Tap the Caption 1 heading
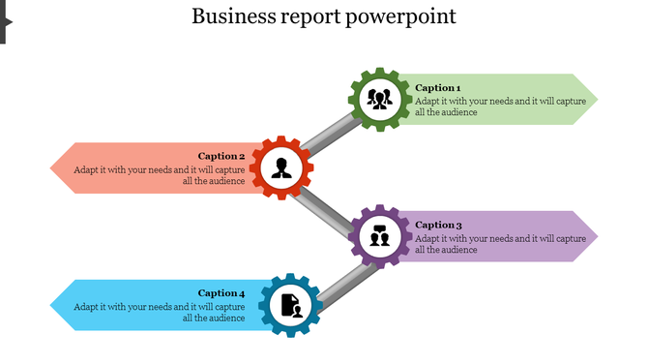pos(437,87)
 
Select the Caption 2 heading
pos(221,156)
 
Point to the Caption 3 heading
pos(437,225)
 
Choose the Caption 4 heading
pos(221,293)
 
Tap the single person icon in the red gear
pos(281,168)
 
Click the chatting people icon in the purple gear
pos(379,236)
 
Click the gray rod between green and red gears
pos(330,135)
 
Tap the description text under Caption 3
pos(500,244)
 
